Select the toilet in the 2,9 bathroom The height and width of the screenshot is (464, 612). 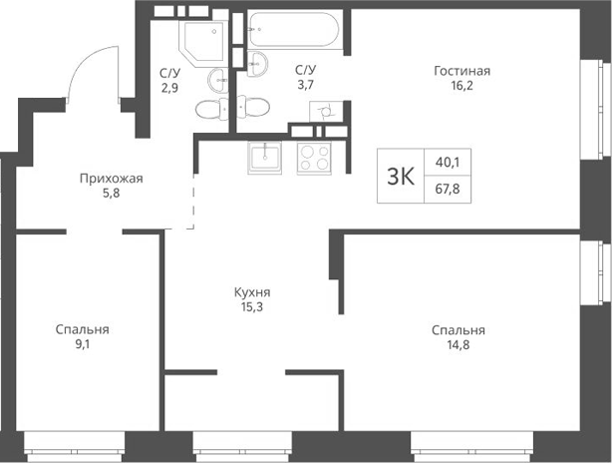[209, 109]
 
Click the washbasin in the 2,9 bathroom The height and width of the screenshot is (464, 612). [217, 80]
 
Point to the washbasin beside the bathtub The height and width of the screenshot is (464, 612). [257, 65]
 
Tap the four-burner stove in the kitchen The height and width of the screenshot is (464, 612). [317, 158]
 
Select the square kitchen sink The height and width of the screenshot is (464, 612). [265, 158]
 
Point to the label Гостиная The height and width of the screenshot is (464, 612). [461, 71]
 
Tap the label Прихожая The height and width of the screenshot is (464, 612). [112, 180]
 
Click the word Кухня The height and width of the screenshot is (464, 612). [252, 293]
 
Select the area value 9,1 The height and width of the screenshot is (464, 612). [82, 347]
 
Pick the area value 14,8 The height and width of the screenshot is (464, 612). [459, 347]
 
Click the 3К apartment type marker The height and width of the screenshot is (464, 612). [400, 177]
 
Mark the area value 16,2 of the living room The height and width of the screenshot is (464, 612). [461, 87]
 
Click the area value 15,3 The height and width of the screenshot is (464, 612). [252, 309]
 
